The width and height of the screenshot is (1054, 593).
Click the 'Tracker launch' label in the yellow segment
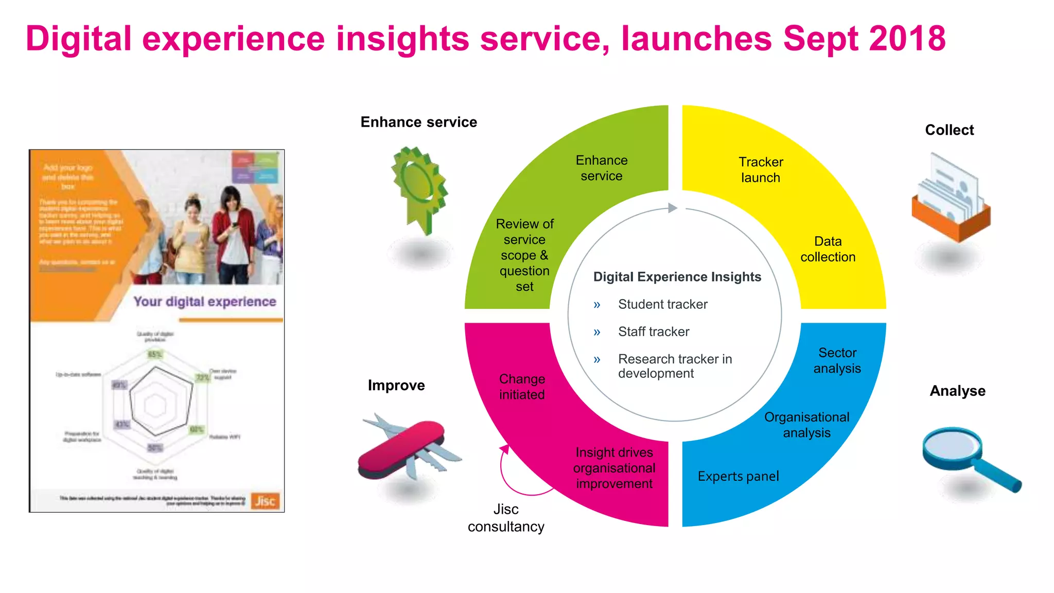tap(761, 170)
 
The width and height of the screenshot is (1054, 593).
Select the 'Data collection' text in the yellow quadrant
tap(828, 249)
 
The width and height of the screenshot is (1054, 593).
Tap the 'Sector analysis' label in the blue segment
tap(837, 360)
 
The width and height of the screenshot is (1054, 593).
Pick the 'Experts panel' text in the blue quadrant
tap(738, 476)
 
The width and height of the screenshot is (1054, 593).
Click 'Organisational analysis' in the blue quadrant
tap(806, 425)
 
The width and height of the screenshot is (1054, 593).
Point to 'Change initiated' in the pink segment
tap(522, 387)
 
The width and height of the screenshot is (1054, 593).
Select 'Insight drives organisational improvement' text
tap(614, 468)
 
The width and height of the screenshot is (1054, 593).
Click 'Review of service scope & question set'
tap(524, 255)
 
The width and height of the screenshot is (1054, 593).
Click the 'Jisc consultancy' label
tap(506, 518)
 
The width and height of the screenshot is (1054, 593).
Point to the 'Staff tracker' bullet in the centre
tap(653, 332)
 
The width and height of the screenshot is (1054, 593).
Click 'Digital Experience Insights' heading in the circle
tap(677, 277)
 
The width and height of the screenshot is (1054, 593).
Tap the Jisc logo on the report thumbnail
tap(265, 501)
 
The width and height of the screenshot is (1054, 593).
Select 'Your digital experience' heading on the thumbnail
tap(205, 302)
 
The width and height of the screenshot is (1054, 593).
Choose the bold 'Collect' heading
tap(949, 130)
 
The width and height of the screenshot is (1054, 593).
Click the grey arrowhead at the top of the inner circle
tap(672, 208)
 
